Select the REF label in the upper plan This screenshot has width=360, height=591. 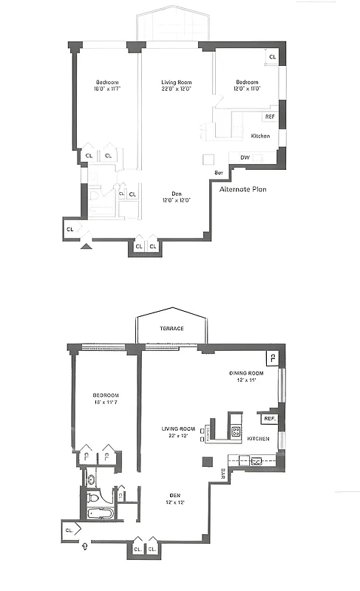click(x=270, y=116)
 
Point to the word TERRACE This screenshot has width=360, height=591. click(x=171, y=329)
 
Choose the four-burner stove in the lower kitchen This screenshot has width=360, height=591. click(x=237, y=431)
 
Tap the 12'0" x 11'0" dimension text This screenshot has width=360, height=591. click(x=247, y=89)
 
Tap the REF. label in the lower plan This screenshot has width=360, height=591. click(x=269, y=419)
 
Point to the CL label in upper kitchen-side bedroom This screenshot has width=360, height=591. click(x=272, y=57)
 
